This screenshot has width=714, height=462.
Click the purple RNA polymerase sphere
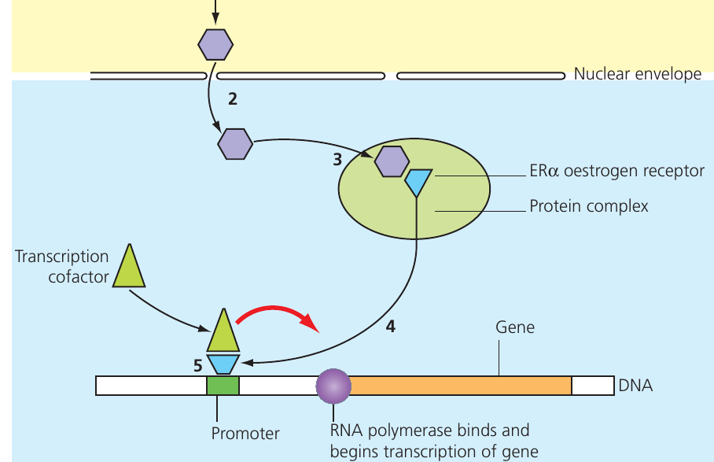[x=333, y=386]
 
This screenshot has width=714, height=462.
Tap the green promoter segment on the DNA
[x=223, y=386]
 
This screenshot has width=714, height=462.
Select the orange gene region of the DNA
[x=461, y=386]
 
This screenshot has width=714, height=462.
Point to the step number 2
[x=233, y=99]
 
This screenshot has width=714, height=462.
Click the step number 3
[x=337, y=160]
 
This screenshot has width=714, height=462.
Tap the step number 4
[x=391, y=326]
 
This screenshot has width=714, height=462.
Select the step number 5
[x=197, y=365]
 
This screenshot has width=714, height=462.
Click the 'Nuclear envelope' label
[x=638, y=74]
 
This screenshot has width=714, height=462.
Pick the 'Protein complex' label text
[x=589, y=206]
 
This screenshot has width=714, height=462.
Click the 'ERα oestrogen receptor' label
[x=617, y=171]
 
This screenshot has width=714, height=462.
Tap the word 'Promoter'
[x=245, y=434]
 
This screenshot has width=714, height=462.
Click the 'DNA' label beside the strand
[x=635, y=386]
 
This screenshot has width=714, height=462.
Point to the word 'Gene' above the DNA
[x=515, y=327]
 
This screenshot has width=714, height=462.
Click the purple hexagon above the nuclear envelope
[x=215, y=45]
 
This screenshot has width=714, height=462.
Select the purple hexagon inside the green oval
[x=392, y=161]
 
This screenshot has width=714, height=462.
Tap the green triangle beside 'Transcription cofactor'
[x=129, y=266]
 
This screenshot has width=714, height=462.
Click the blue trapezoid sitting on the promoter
[x=223, y=364]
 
